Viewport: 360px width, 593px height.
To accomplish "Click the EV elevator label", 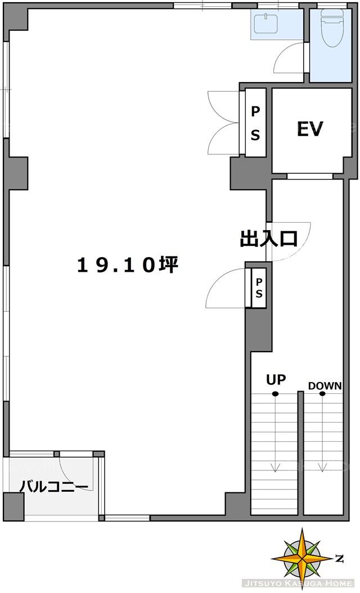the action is (x=310, y=129).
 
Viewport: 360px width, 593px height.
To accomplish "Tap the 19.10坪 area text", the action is (x=128, y=264).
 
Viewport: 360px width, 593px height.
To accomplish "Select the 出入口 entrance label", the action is (x=269, y=239).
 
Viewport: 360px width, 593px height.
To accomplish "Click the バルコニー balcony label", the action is (x=54, y=486).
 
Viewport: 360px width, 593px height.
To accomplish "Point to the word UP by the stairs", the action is (x=276, y=379).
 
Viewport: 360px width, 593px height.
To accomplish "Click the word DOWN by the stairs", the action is (x=325, y=386).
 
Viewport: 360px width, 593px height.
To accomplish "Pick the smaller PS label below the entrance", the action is (x=259, y=288).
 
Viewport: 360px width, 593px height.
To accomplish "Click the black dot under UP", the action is (x=275, y=394).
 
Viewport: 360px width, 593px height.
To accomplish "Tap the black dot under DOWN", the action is (x=322, y=394).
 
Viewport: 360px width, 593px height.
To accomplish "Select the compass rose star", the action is (x=303, y=558).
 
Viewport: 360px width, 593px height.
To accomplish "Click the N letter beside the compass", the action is (x=339, y=558).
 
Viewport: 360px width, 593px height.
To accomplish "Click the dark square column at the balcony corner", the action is (x=13, y=506).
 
